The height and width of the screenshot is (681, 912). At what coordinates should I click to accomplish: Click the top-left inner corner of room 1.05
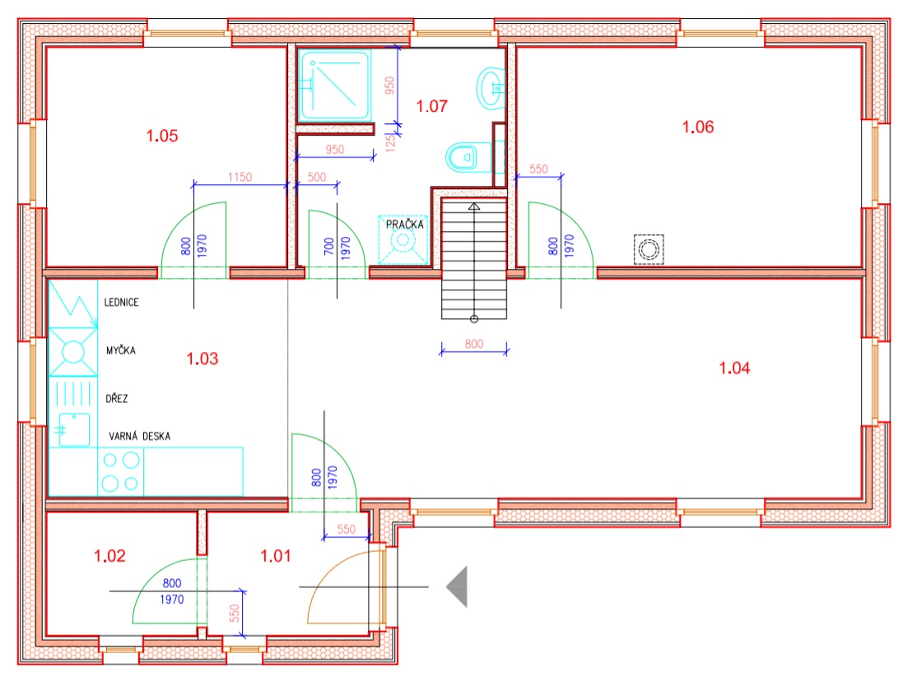[x=47, y=48]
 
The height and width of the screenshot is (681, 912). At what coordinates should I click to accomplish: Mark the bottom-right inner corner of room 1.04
[x=862, y=498]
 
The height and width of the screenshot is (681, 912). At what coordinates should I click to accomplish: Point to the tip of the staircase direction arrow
[x=474, y=203]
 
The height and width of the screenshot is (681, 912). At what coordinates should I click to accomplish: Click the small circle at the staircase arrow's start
[x=474, y=319]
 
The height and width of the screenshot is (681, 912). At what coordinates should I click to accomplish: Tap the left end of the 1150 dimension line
[x=193, y=185]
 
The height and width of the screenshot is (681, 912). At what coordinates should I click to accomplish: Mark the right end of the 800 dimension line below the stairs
[x=507, y=350]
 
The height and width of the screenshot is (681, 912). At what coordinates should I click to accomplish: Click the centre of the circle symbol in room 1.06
[x=649, y=249]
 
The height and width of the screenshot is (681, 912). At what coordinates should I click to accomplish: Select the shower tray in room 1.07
[x=334, y=85]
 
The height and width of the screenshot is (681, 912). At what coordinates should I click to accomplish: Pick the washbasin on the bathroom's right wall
[x=490, y=88]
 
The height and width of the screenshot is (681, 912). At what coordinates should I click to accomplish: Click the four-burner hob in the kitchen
[x=120, y=471]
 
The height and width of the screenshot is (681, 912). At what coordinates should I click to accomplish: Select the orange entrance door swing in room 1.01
[x=346, y=587]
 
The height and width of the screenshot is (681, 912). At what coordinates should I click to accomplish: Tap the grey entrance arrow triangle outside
[x=457, y=587]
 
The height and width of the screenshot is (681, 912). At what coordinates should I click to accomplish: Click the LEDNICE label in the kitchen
[x=121, y=302]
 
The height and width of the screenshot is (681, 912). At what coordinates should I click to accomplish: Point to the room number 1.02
[x=110, y=556]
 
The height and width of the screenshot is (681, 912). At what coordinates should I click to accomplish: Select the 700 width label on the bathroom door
[x=329, y=246]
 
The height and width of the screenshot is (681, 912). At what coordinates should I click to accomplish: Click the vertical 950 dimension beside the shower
[x=389, y=86]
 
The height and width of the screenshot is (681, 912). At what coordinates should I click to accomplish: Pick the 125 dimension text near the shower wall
[x=390, y=142]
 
